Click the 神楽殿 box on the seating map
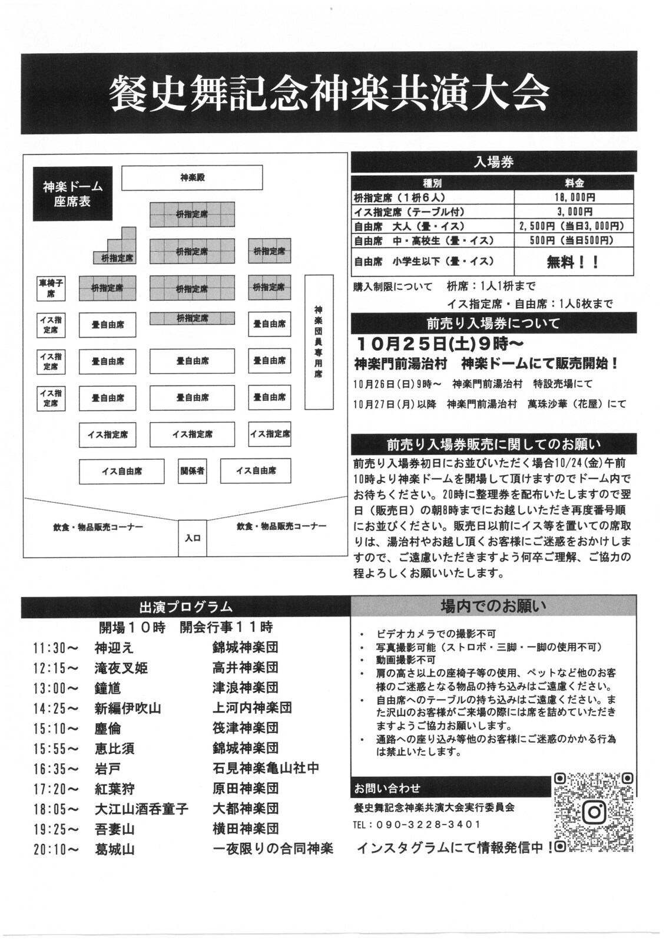[192, 177]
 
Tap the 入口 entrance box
[193, 538]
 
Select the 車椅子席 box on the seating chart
[51, 288]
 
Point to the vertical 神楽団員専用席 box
[319, 342]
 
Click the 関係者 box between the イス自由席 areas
[193, 471]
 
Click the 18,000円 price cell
[574, 197]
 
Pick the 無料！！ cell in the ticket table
[574, 262]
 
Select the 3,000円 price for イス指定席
[574, 212]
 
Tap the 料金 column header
[574, 183]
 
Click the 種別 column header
[433, 183]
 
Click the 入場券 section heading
[493, 162]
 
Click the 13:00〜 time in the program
[56, 688]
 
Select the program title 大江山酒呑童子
[141, 809]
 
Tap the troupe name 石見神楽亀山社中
[266, 769]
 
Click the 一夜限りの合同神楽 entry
[273, 849]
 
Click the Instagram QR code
[594, 812]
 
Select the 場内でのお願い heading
[493, 606]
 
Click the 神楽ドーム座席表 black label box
[72, 194]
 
